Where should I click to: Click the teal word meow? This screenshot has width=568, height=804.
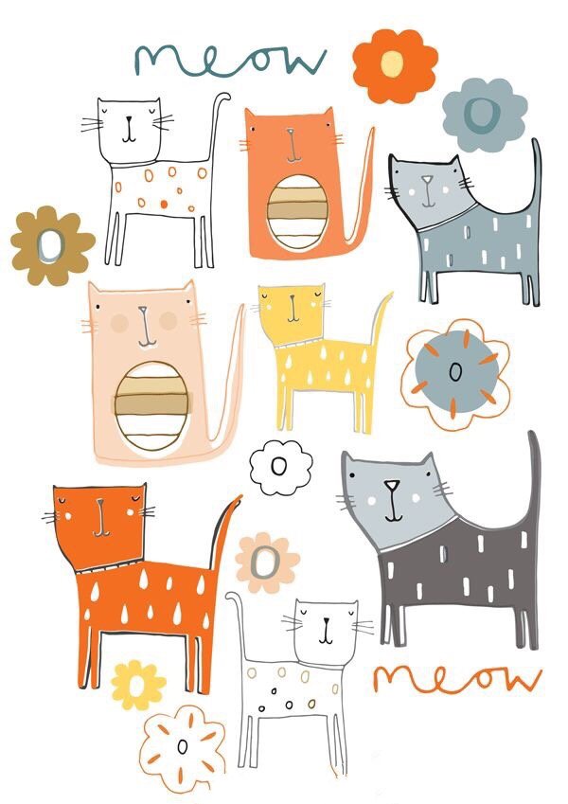(230, 61)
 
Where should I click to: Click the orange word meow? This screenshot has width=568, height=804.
(457, 677)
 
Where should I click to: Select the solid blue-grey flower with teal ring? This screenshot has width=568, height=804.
(485, 115)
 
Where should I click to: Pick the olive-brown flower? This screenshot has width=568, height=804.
(51, 245)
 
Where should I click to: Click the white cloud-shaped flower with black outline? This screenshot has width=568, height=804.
(281, 468)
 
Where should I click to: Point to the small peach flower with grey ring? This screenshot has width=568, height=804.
(267, 563)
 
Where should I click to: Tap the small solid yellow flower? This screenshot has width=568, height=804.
(138, 685)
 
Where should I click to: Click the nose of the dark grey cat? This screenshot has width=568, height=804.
(392, 485)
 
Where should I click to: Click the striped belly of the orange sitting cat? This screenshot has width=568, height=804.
(298, 211)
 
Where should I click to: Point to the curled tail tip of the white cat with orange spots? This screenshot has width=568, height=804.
(223, 96)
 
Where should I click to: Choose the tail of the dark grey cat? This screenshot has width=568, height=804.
(533, 482)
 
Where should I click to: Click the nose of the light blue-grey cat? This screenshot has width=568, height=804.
(427, 180)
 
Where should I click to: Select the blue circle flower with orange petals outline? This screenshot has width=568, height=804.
(455, 373)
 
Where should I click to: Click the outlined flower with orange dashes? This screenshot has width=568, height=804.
(182, 748)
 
